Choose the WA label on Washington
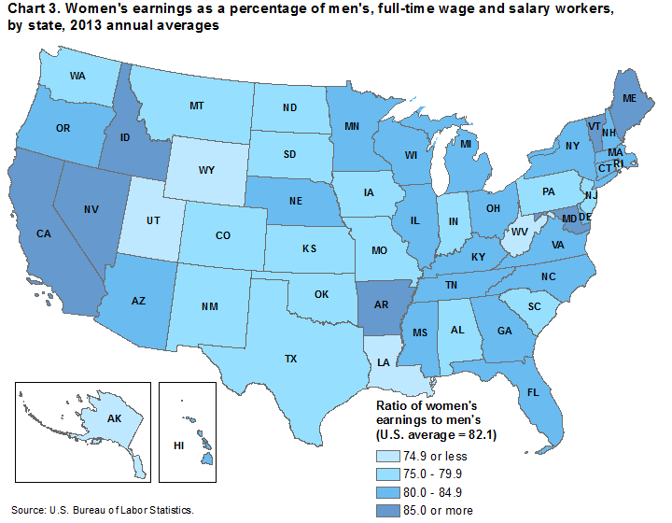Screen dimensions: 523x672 (x=79, y=75)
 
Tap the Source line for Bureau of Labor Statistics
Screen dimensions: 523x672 (x=103, y=510)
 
